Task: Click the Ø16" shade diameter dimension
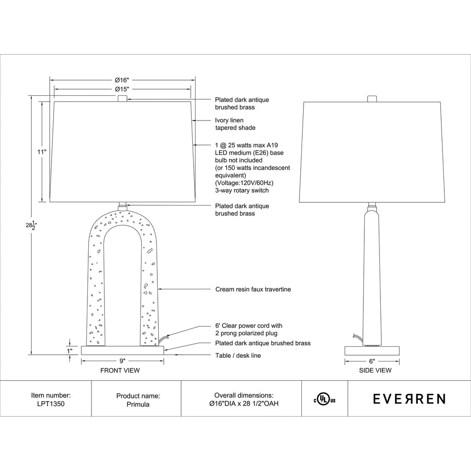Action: pos(122,80)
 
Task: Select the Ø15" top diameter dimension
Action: pos(122,89)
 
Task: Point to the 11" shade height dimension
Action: pos(42,152)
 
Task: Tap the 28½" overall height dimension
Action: pos(31,225)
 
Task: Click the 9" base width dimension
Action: pos(122,361)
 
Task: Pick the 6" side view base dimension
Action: pos(372,362)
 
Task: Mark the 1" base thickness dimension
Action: pos(70,351)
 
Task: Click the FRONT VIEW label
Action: pos(120,371)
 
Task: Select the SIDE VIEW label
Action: pos(375,371)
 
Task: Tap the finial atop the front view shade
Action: pos(122,98)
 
